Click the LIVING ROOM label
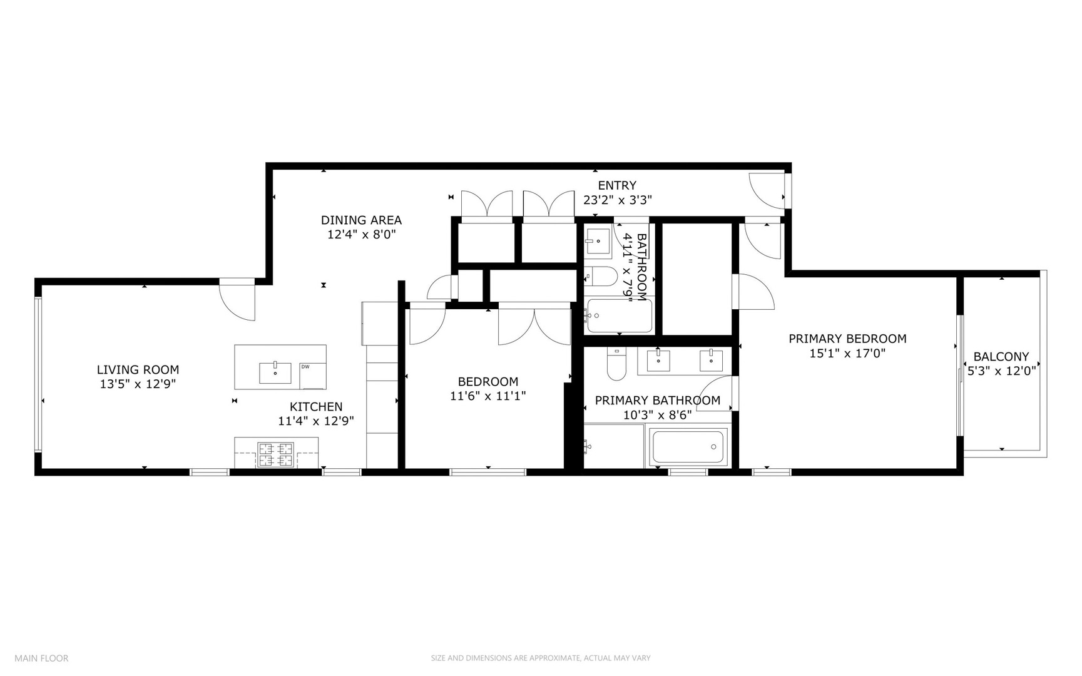point(138,370)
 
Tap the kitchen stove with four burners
point(275,454)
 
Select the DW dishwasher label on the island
point(305,367)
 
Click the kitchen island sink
point(275,373)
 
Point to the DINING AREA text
point(361,220)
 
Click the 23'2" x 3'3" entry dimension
point(618,200)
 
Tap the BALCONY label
point(1001,357)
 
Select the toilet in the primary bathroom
point(616,365)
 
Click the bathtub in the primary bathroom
point(688,447)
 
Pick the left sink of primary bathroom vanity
point(658,361)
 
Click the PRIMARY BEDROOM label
point(847,339)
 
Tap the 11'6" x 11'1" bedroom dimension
point(487,396)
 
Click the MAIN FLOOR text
point(41,658)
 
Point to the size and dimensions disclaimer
point(540,658)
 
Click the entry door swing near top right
point(767,190)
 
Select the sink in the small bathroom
point(598,241)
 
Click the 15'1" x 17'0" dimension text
point(847,354)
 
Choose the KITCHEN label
point(316,407)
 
